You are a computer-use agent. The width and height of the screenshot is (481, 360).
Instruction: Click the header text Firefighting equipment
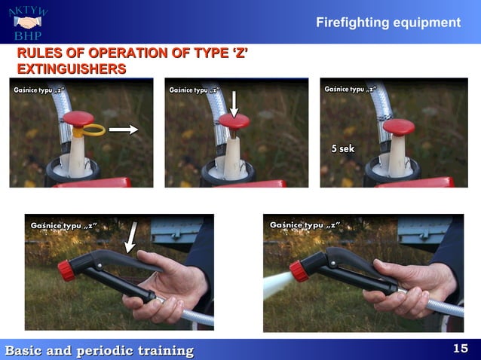(x=388, y=23)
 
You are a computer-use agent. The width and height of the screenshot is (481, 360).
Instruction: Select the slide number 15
(x=460, y=348)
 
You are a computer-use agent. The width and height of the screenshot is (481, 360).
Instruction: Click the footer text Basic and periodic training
(x=100, y=350)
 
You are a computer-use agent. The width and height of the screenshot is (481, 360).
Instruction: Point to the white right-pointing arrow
(x=124, y=130)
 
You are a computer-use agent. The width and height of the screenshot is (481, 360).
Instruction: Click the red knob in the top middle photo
(x=234, y=122)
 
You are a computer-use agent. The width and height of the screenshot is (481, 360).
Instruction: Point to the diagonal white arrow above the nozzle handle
(x=132, y=236)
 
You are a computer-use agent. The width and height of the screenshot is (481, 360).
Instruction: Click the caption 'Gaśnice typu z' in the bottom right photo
(x=305, y=225)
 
